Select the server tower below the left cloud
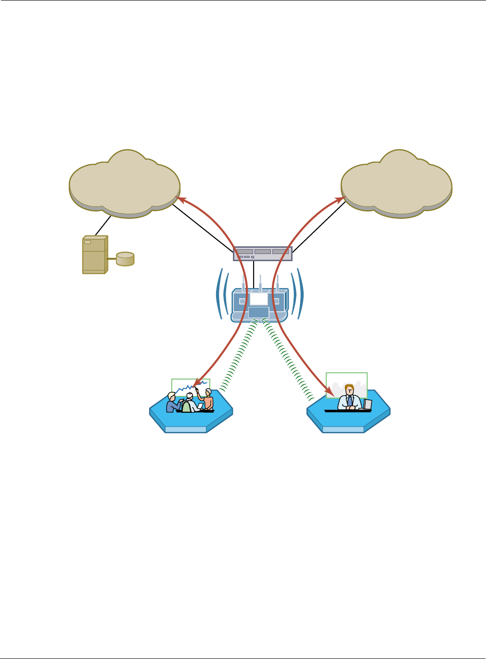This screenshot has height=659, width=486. point(94,254)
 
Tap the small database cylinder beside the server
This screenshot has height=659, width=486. point(125,259)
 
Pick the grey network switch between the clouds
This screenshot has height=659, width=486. point(263,253)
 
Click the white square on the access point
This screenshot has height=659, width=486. point(258,299)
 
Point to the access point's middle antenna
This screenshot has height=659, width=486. point(260,283)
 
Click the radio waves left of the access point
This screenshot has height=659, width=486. point(222,293)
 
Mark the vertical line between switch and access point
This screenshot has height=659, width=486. point(254,274)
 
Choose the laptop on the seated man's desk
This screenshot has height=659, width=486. point(368,404)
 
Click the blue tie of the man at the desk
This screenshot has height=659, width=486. point(350,400)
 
